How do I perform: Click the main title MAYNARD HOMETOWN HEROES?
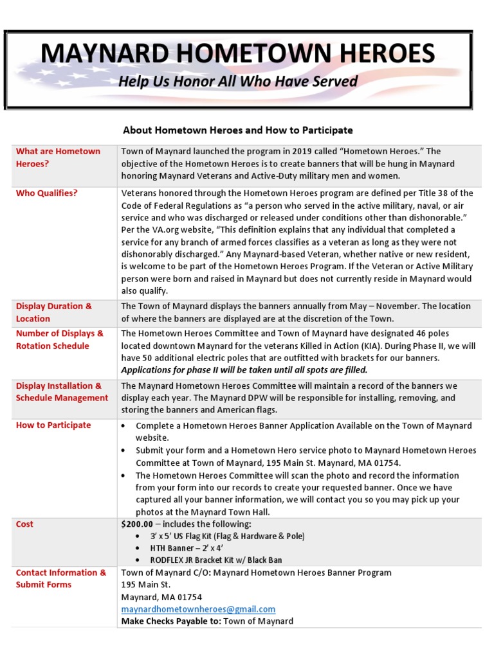point(238,53)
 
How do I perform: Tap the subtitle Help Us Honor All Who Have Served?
point(238,82)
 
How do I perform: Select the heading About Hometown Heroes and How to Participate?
point(237,130)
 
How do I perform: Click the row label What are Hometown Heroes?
point(58,157)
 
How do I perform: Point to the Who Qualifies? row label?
point(46,193)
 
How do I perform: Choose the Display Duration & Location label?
point(54,312)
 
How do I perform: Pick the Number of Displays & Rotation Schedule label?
point(59,339)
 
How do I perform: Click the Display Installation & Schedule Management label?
point(62,392)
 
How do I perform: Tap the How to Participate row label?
point(53,425)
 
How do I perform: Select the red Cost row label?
point(24,524)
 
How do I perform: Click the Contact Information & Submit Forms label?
point(61,578)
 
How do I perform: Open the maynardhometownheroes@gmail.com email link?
point(198,609)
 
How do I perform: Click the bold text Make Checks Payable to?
point(170,621)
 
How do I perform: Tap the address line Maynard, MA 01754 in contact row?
point(161,597)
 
